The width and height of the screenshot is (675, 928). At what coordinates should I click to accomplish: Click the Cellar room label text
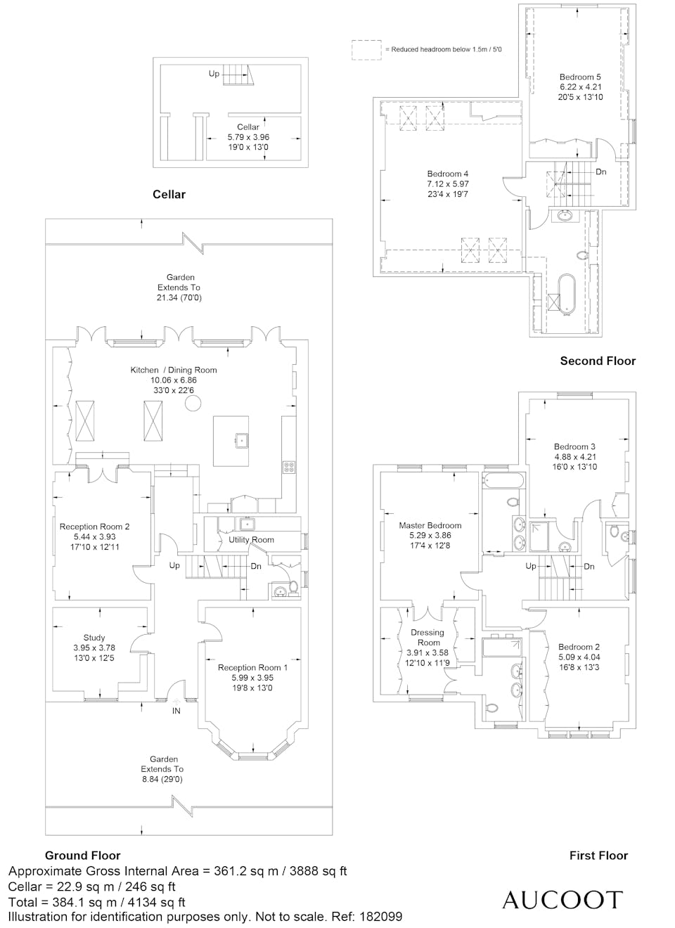coord(247,127)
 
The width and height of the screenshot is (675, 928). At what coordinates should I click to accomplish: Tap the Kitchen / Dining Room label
coord(174,370)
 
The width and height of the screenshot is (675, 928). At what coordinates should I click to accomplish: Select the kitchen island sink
coord(241,439)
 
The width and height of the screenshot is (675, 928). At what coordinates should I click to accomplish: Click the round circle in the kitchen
coord(193,403)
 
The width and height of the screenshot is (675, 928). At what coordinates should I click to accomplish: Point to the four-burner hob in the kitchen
coord(289,467)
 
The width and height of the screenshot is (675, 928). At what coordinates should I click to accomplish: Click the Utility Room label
coord(251,540)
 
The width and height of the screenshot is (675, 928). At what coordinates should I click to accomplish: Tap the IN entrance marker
coord(176,711)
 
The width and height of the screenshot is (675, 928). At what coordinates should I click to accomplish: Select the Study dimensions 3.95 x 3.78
coord(94,647)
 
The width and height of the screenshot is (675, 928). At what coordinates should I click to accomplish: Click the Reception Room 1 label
coord(252,667)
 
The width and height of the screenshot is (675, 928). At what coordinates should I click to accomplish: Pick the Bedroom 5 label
coord(579,77)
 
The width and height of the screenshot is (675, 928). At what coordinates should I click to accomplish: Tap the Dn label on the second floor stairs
coord(601,172)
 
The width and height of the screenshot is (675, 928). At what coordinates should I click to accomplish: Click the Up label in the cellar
coord(214,74)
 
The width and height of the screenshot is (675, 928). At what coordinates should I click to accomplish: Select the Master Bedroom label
coord(430,525)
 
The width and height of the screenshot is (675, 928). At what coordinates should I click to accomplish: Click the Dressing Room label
coord(427,638)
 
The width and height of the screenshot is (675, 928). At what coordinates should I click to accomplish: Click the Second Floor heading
coord(598,361)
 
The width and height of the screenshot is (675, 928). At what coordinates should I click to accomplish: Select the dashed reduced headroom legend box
coord(367,50)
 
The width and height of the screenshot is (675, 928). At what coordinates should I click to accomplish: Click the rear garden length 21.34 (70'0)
coord(179,297)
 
